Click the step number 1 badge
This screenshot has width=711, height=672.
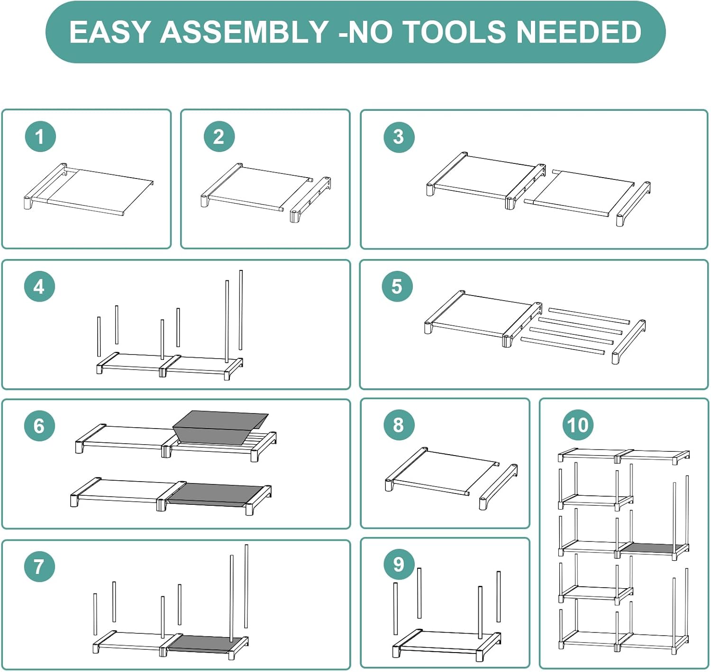tap(40, 136)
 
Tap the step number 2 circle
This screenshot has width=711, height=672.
tap(219, 136)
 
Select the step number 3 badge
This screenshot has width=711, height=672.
tap(399, 137)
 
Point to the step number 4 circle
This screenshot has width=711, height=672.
tap(39, 287)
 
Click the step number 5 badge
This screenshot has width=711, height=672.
tap(397, 287)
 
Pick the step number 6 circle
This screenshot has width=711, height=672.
tap(39, 426)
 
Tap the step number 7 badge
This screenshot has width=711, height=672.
tap(39, 566)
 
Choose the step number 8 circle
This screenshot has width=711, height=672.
tap(399, 425)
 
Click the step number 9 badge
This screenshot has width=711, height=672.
tap(399, 564)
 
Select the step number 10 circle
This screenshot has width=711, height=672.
tap(578, 425)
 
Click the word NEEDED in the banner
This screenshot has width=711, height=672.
tap(579, 32)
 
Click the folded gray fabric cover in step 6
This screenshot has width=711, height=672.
tap(220, 428)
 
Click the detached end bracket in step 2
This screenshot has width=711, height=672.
tap(310, 199)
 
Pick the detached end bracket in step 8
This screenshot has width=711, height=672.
tap(498, 487)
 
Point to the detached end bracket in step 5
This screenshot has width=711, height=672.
tap(629, 341)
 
